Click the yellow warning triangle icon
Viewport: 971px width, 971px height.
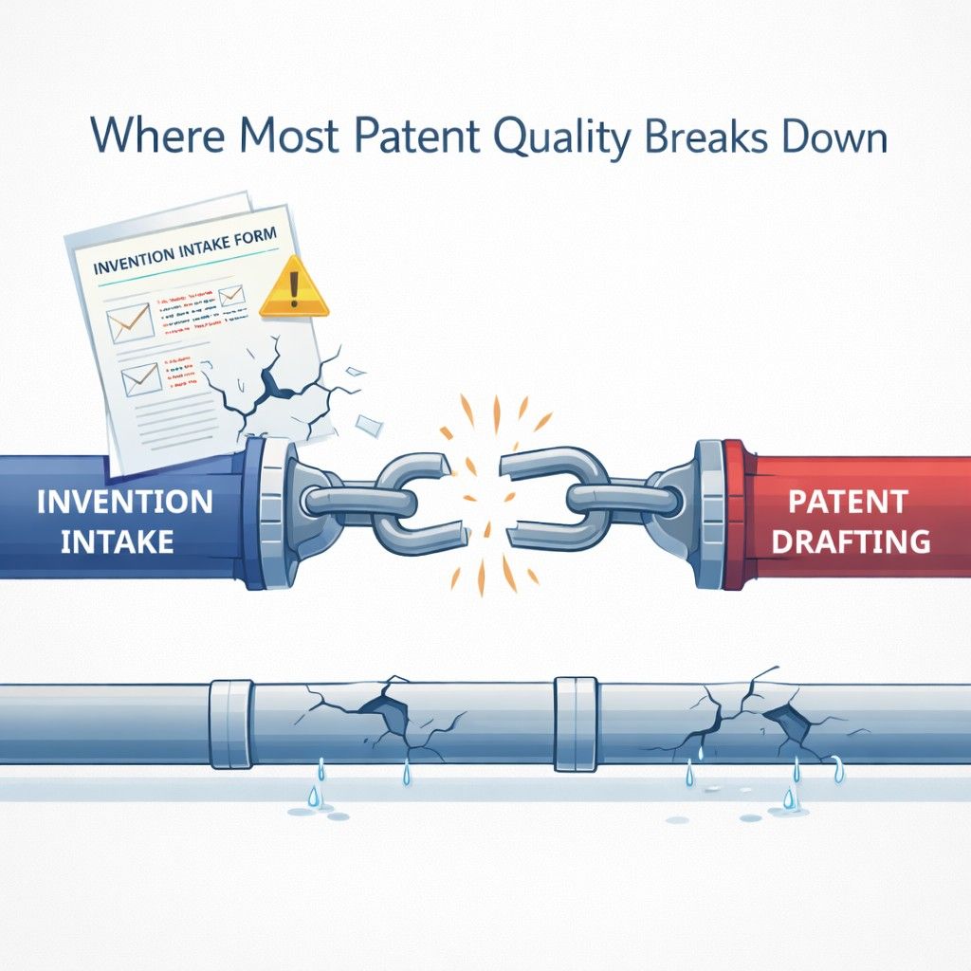tap(295, 287)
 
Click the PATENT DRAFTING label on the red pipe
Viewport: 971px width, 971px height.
tap(848, 521)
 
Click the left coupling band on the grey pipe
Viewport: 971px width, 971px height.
tap(230, 724)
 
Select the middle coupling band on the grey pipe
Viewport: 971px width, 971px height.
tap(576, 723)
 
